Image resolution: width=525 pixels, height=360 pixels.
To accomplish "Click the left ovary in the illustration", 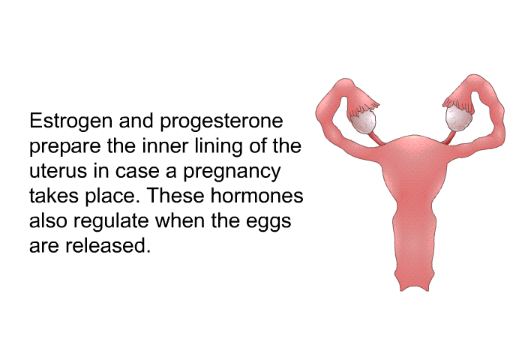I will (365, 120).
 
